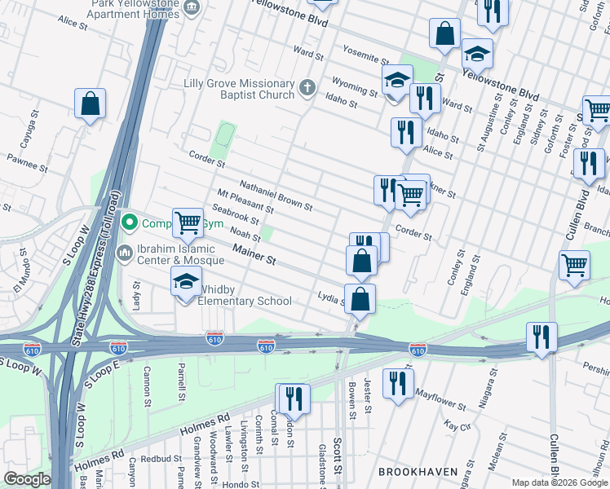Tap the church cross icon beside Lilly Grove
click(x=307, y=88)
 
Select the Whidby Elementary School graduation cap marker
click(x=186, y=282)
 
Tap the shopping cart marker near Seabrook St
click(x=188, y=222)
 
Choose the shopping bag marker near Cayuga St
click(x=90, y=104)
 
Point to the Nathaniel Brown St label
click(x=276, y=196)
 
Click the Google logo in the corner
click(x=26, y=479)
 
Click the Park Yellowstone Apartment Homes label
click(x=132, y=9)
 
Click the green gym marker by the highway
click(x=129, y=222)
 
